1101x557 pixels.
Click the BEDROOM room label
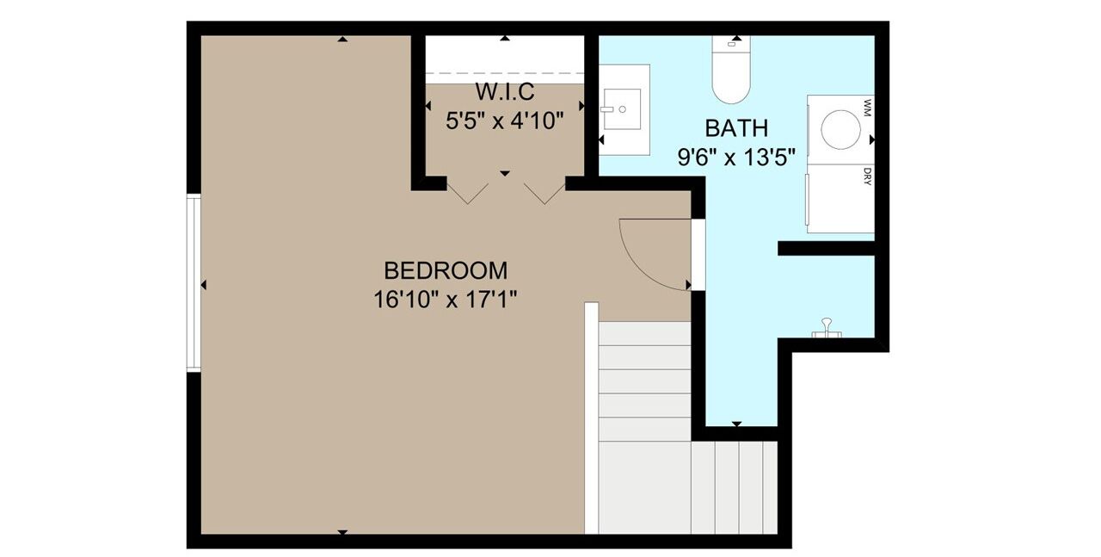click(446, 270)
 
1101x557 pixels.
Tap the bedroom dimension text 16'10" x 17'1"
click(446, 300)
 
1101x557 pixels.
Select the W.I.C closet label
click(504, 91)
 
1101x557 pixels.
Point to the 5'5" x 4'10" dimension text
click(504, 121)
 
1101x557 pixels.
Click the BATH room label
click(736, 128)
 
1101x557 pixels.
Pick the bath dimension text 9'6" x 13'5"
click(736, 158)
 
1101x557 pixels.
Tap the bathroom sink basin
click(622, 109)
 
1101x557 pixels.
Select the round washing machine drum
click(840, 129)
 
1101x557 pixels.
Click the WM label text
click(867, 108)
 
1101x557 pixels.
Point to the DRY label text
click(867, 176)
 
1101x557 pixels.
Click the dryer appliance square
click(840, 199)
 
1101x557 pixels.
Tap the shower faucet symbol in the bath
click(827, 328)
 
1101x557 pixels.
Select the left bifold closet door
click(467, 194)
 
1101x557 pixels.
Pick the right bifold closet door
click(544, 194)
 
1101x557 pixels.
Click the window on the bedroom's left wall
click(194, 283)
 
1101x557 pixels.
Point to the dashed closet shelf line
click(504, 73)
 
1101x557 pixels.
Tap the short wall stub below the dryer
click(827, 249)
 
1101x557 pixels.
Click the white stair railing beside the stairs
click(591, 418)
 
